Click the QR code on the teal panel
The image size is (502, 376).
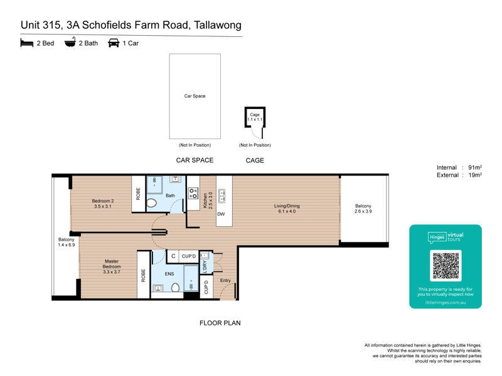[x=446, y=266]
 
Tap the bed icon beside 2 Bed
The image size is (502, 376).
[x=27, y=43]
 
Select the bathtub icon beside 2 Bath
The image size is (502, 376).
[x=70, y=42]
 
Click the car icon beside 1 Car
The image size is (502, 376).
[x=114, y=43]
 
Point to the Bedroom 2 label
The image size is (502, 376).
[x=103, y=204]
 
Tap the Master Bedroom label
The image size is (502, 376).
[x=112, y=266]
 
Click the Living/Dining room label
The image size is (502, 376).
[x=287, y=209]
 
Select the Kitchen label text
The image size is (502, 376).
[x=205, y=201]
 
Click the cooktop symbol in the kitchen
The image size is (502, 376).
[x=193, y=193]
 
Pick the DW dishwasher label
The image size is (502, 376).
[x=221, y=214]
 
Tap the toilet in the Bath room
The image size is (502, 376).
[x=151, y=203]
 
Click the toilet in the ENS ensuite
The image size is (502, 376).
[x=176, y=288]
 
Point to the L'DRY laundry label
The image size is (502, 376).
[x=205, y=267]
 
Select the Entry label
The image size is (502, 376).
[x=225, y=280]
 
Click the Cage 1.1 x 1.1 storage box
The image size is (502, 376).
[x=255, y=117]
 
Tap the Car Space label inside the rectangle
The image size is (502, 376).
[x=195, y=96]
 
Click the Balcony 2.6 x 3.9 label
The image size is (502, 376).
[x=363, y=209]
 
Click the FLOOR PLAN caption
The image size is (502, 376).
[x=220, y=323]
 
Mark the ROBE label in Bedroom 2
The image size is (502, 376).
[x=138, y=194]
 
